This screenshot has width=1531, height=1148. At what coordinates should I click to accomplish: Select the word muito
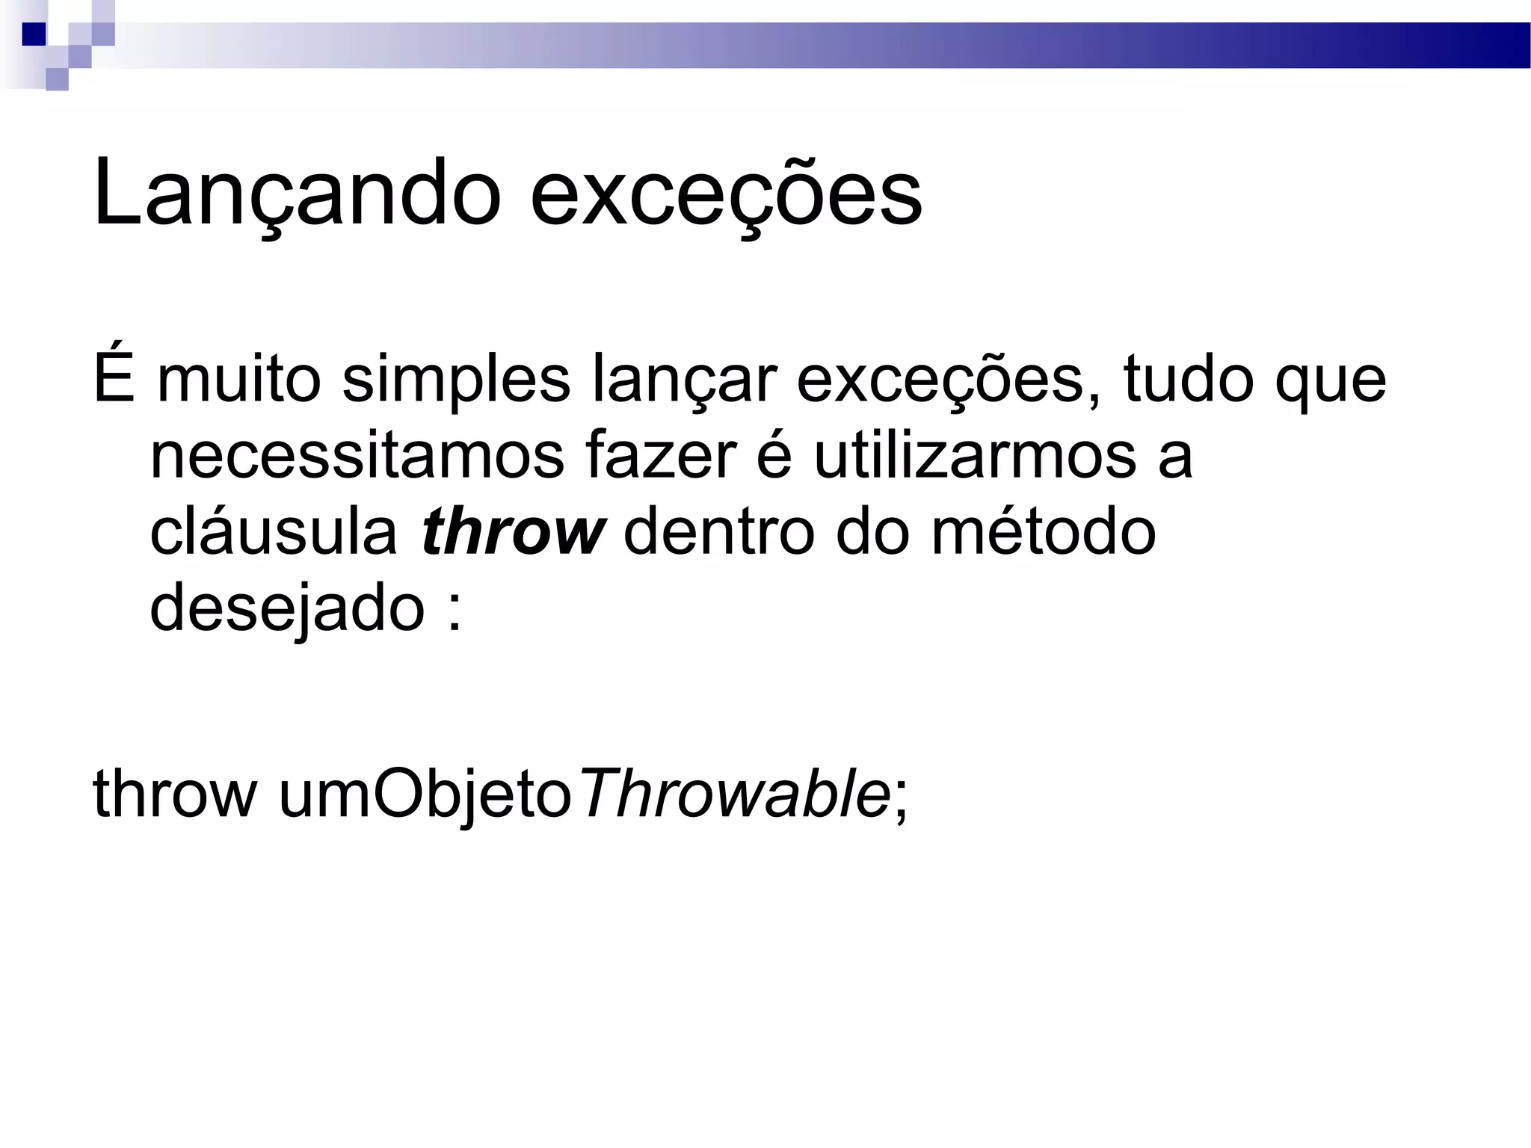click(239, 380)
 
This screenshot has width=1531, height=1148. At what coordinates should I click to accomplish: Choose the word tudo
click(1188, 380)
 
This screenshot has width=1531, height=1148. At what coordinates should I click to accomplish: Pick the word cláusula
click(274, 532)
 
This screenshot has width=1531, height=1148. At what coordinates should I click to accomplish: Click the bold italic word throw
click(513, 532)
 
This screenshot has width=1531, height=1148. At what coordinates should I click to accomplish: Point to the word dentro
click(718, 532)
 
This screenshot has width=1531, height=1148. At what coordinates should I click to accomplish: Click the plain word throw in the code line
click(174, 794)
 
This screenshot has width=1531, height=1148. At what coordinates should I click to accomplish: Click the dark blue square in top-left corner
click(34, 34)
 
